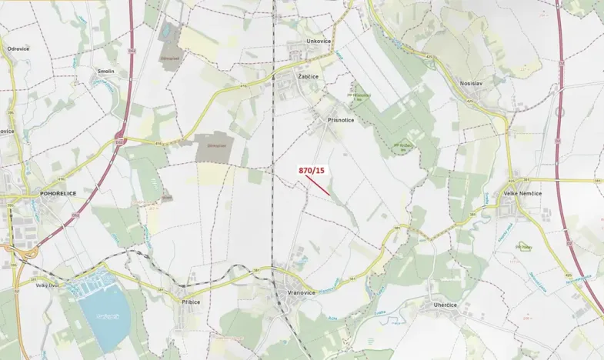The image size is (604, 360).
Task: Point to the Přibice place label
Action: pos(190,302)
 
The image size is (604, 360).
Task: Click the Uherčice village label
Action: pos(441,305)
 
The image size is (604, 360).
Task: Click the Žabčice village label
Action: pos(308,77)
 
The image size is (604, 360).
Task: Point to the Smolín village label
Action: pos(105,70)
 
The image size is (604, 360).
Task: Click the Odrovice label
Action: pos(18,48)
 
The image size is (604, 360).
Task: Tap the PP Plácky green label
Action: pos(525,247)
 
